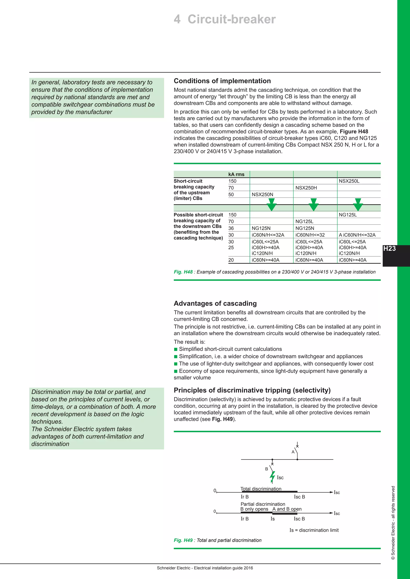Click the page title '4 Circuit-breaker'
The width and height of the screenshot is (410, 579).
point(224,19)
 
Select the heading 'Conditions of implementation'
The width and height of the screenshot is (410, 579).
point(222,81)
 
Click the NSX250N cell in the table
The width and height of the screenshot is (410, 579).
point(262,194)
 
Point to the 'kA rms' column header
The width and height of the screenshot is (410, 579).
point(236,174)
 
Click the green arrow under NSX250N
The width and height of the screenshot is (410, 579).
point(272,205)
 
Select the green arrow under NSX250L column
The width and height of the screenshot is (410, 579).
point(358,205)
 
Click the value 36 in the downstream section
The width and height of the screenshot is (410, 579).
point(231,228)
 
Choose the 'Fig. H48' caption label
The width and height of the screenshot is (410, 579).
point(183,272)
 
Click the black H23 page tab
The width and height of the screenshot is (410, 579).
point(390,249)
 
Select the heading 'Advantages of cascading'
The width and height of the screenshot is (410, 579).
point(215,303)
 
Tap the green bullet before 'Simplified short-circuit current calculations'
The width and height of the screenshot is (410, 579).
point(176,349)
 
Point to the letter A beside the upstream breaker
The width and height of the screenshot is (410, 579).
point(293,452)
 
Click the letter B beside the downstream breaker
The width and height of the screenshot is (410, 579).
point(266,469)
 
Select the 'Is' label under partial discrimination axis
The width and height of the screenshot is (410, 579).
point(272,519)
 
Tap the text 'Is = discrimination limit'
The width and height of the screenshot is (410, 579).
point(314,530)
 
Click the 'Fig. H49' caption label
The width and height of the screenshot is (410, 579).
point(183,540)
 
